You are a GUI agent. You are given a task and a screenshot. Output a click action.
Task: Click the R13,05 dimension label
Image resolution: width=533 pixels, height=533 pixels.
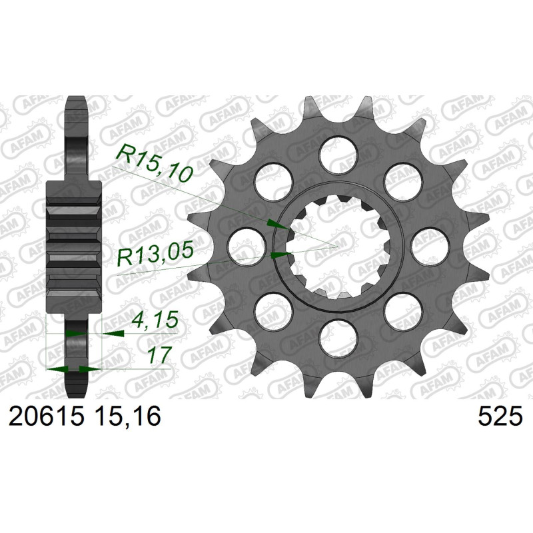coord(155,255)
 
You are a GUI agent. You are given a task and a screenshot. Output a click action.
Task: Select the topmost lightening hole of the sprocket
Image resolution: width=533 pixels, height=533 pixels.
coord(339,155)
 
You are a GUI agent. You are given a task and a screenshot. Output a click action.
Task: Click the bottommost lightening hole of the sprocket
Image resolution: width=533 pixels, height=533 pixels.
coord(339,338)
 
